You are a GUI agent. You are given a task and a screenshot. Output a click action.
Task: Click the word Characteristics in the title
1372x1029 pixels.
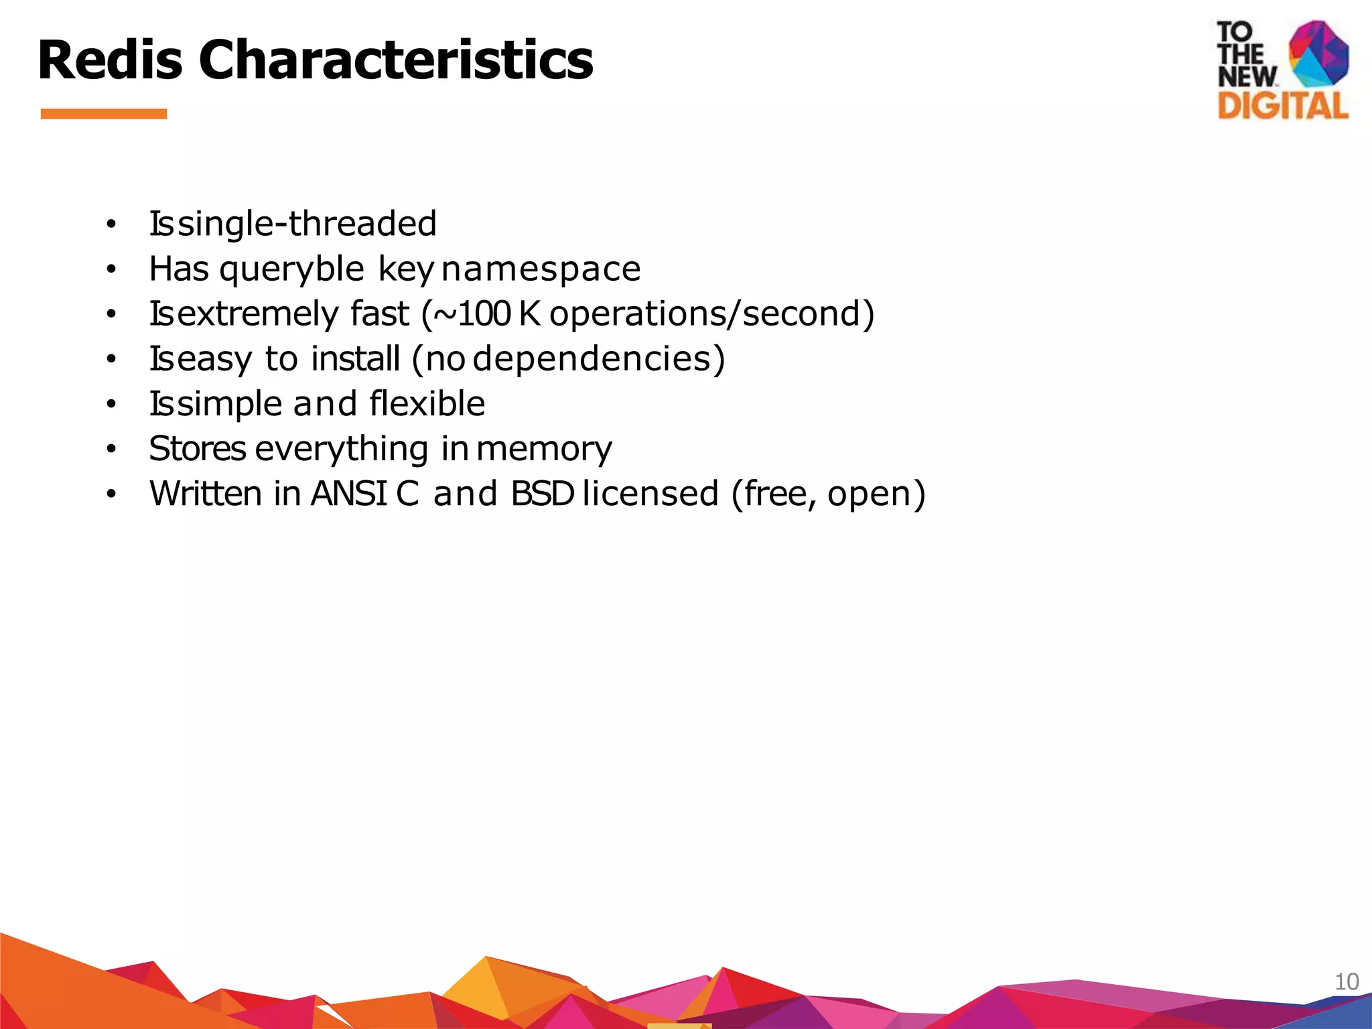tap(395, 60)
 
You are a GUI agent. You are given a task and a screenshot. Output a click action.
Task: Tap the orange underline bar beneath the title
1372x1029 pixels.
tap(103, 114)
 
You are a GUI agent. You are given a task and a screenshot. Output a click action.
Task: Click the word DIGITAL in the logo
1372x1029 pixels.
tap(1282, 106)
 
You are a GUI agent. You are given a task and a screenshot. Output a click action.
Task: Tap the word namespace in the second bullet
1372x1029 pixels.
tap(541, 269)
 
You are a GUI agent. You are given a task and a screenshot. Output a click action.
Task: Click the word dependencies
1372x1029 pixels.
tap(599, 359)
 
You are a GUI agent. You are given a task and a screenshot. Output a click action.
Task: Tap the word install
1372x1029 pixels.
tap(356, 359)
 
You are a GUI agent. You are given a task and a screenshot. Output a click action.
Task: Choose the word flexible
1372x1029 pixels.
tap(427, 404)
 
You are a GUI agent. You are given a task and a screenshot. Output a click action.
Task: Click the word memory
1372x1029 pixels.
tap(544, 450)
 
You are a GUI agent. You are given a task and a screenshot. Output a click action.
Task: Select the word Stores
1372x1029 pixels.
tap(198, 449)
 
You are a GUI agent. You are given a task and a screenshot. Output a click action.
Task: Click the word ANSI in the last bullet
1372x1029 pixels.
tap(348, 494)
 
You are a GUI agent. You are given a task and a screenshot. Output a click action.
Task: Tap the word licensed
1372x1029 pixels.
tap(650, 494)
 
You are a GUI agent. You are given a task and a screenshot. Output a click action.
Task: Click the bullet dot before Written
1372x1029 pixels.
tap(111, 494)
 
